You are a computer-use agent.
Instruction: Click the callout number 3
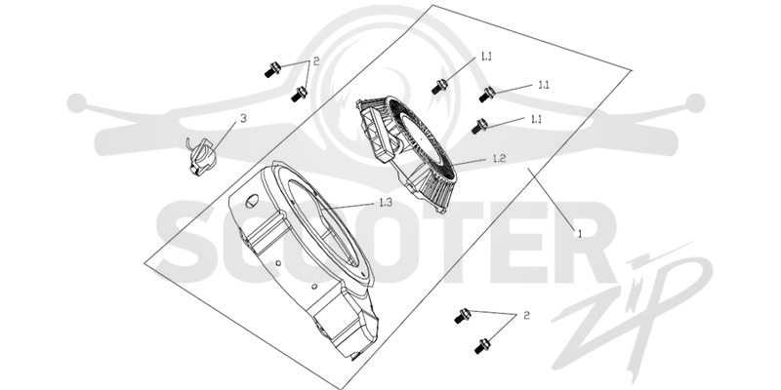(x=243, y=118)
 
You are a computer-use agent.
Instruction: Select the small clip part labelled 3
(x=201, y=156)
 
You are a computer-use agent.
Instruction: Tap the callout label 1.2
(x=499, y=159)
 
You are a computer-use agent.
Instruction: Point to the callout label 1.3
(x=386, y=203)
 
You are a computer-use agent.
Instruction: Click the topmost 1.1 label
(x=486, y=57)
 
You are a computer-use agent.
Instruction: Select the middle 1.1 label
(x=544, y=85)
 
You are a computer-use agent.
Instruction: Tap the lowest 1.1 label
(x=536, y=119)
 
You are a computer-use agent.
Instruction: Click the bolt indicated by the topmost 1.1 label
(x=439, y=87)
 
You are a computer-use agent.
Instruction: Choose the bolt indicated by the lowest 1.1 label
(x=479, y=126)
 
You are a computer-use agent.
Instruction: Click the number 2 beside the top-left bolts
(x=315, y=62)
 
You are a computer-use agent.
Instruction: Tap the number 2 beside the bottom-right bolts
(x=526, y=315)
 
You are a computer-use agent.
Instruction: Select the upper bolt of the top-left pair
(x=272, y=69)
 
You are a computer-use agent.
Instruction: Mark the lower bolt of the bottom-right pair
(x=482, y=346)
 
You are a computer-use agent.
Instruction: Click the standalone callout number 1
(x=579, y=233)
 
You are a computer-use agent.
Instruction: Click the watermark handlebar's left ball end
(x=77, y=103)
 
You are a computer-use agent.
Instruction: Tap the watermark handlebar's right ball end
(x=695, y=103)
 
